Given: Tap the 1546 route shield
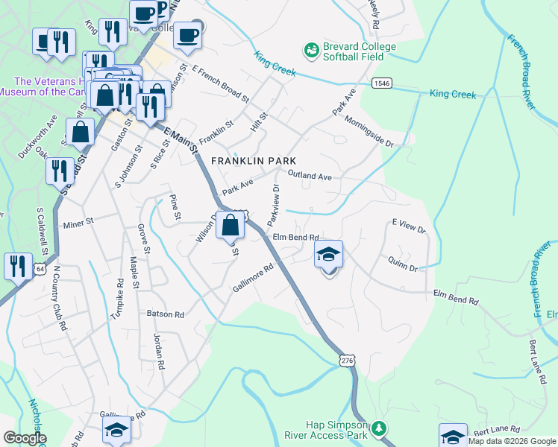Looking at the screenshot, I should pos(382,83).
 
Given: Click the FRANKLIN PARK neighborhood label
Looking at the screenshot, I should pos(254,161).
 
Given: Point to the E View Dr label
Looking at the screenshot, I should pos(408,226).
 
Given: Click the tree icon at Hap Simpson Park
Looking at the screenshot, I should pos(380,428).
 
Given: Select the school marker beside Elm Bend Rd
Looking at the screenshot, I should pos(327,256).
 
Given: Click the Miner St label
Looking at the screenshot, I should pos(78,222).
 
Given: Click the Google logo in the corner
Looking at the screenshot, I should pos(24,438).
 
